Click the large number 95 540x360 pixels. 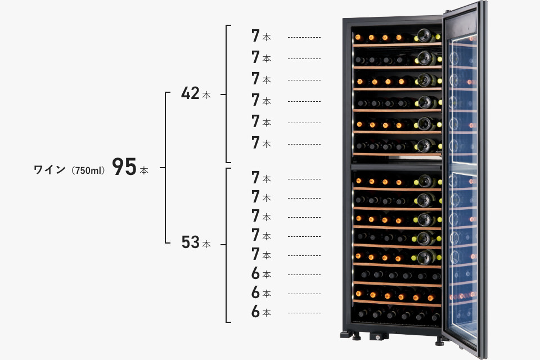(124, 167)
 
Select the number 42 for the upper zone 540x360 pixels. (191, 93)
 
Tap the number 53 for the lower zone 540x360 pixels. (191, 242)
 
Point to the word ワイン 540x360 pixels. (49, 169)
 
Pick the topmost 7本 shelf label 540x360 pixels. (261, 37)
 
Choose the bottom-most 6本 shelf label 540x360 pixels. (261, 312)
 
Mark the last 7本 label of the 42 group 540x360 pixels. (261, 143)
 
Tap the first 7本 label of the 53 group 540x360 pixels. (261, 178)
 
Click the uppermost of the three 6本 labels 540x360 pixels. (261, 274)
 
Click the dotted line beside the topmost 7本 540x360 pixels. (304, 37)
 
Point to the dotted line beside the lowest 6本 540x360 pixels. (304, 312)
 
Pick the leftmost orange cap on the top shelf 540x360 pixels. (358, 38)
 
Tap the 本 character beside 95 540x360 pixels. (144, 170)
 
